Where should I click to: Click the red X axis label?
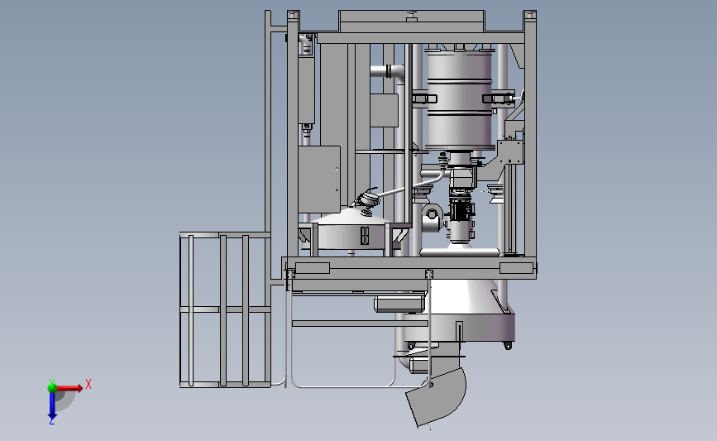tap(88, 384)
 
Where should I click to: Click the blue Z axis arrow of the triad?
tap(52, 405)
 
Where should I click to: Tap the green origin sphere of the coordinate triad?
tap(52, 388)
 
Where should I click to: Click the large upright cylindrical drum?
tap(461, 100)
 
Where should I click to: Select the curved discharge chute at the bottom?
tap(437, 395)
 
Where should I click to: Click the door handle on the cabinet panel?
tap(337, 179)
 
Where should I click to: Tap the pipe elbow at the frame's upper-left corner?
tap(305, 44)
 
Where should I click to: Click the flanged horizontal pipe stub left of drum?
tap(387, 71)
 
